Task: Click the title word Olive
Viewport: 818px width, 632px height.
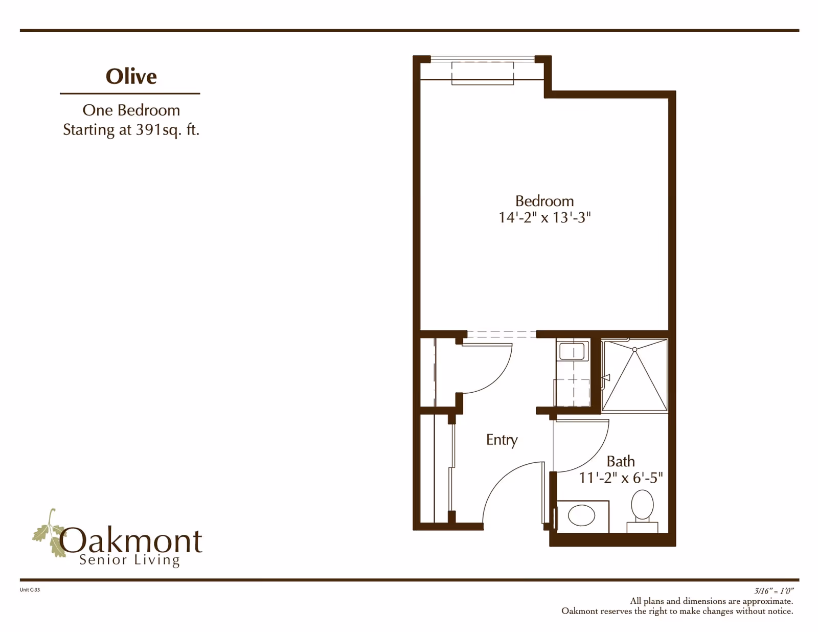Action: [x=131, y=76]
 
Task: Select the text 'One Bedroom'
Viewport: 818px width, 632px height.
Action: [x=131, y=110]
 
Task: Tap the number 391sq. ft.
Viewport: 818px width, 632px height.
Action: [x=167, y=129]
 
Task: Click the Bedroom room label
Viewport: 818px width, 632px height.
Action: [x=544, y=201]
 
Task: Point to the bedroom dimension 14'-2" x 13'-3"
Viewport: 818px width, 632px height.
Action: [x=544, y=217]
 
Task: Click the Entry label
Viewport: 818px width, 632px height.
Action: [x=502, y=440]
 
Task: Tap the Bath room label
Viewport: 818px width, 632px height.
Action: [x=620, y=461]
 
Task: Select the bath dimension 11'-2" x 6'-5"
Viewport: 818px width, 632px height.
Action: [x=620, y=478]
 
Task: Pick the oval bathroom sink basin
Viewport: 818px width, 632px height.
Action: [x=581, y=515]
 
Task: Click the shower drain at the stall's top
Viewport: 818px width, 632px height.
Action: [x=634, y=350]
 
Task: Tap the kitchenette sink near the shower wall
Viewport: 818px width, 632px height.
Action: [x=572, y=352]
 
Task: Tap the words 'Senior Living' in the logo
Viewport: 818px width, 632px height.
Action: [x=129, y=560]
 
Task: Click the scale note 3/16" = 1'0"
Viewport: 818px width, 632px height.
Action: [x=773, y=591]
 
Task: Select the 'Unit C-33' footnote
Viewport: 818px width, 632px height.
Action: [x=30, y=590]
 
